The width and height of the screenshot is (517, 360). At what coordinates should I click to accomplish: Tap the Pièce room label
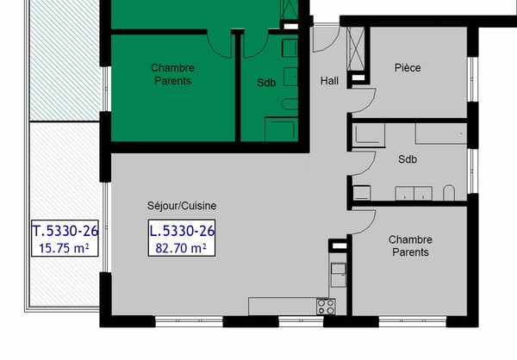408,67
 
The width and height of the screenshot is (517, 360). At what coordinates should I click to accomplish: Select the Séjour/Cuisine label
182,206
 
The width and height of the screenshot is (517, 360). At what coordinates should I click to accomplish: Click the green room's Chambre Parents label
172,74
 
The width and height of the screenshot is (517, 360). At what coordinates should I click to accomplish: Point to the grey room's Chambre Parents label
409,245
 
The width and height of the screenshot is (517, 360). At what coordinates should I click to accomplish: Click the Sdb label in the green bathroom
266,84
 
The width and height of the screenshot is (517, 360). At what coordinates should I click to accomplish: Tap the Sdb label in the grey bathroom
408,160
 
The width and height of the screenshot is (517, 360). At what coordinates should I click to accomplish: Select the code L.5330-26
182,231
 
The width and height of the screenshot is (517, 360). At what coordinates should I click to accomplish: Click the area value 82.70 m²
182,249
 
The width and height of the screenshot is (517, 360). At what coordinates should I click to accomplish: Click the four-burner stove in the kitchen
326,306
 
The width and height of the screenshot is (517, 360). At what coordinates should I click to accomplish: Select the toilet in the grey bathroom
448,191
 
